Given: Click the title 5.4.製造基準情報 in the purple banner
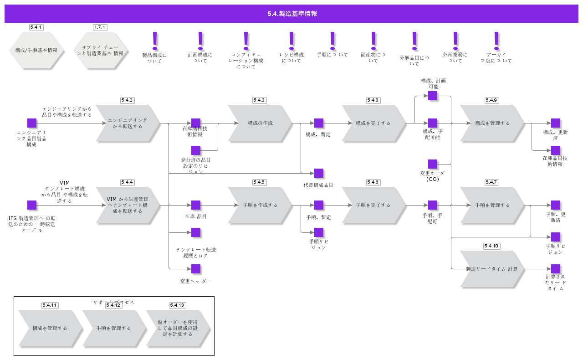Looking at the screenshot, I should tap(292, 14).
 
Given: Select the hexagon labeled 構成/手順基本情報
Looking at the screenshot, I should tap(36, 50).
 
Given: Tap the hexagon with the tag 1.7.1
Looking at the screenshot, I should tap(100, 50).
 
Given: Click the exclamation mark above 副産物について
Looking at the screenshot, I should tap(373, 41).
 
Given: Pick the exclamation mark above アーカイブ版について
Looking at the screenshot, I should tap(496, 41).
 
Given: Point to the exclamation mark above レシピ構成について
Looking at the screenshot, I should tap(291, 41).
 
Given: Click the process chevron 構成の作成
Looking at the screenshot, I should tap(260, 123).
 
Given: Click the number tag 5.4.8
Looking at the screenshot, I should tap(373, 100).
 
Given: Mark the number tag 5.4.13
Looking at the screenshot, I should tap(177, 305).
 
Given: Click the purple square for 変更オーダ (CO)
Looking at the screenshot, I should tap(433, 164).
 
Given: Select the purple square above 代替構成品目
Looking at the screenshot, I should tap(319, 173).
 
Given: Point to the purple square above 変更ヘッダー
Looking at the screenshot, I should tap(196, 269).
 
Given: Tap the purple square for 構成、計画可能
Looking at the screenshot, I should tap(433, 96).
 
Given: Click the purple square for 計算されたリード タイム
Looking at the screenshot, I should tap(556, 269).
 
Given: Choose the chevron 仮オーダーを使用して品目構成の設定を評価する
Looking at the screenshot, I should tap(178, 328).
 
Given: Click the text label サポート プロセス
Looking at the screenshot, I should tap(114, 302).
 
